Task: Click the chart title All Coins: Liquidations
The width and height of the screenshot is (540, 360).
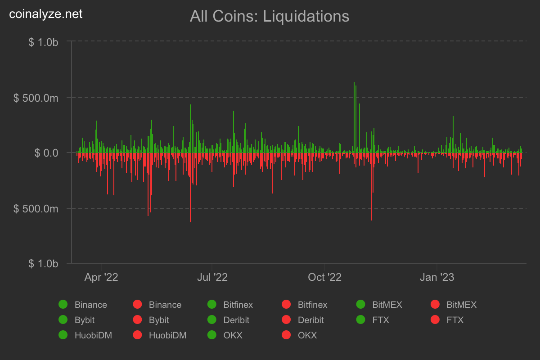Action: coord(270,16)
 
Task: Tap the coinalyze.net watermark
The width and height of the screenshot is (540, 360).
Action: coord(46,14)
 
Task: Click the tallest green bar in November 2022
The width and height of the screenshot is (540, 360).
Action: coord(354,117)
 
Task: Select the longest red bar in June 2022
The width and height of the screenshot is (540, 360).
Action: coord(190,187)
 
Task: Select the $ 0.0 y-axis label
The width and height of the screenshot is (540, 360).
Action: coord(47,153)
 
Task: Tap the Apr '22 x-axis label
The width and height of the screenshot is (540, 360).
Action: coord(101,277)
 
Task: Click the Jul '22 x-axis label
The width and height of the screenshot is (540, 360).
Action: coord(212,277)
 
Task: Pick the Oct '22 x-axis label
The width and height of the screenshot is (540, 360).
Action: coord(324,277)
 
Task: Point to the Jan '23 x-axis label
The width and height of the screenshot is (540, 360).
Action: coord(437,277)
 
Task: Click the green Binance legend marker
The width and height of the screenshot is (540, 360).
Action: coord(63,305)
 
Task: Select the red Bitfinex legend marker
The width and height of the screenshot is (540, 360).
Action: coord(286,305)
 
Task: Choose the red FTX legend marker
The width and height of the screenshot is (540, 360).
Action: coord(435,320)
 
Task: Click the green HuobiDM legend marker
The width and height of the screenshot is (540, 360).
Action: coord(63,335)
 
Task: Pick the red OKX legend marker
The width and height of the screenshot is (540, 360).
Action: coord(286,335)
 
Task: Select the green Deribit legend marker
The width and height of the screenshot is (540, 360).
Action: coord(211,320)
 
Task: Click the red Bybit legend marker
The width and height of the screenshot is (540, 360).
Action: coord(137,320)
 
